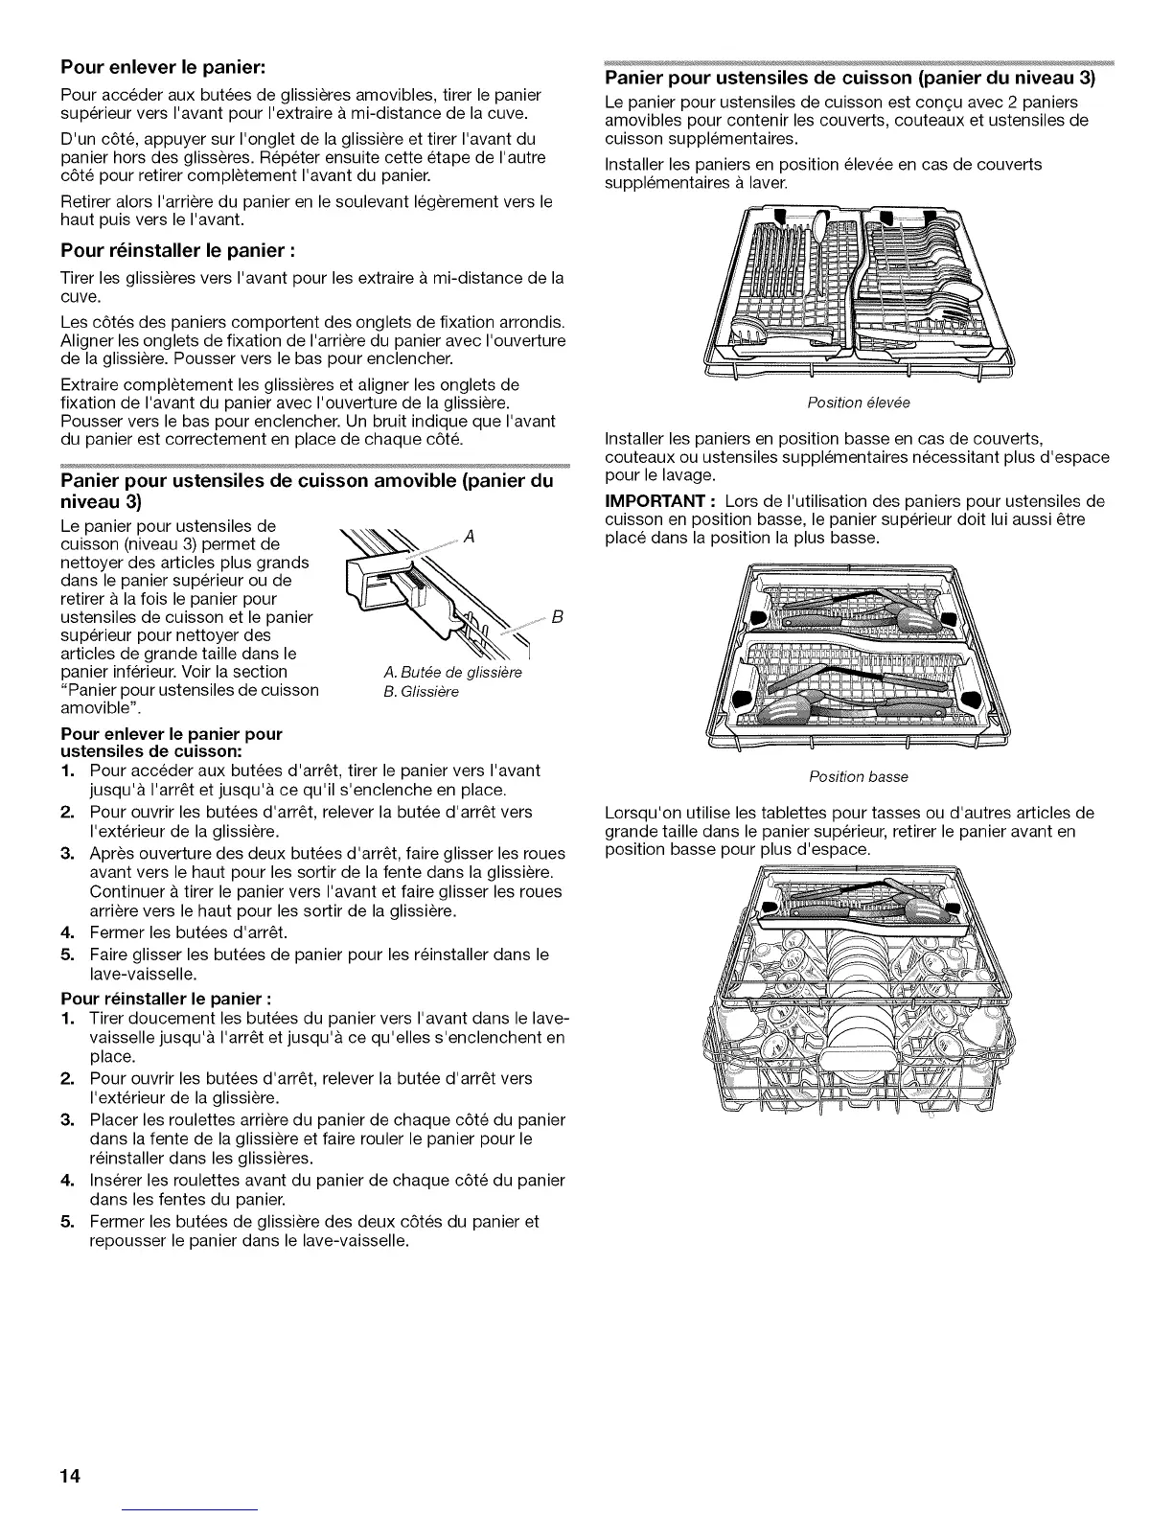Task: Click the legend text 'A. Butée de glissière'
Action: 446,672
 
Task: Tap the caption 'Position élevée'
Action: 858,402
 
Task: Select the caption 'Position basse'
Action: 858,776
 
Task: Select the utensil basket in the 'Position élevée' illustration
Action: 858,287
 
